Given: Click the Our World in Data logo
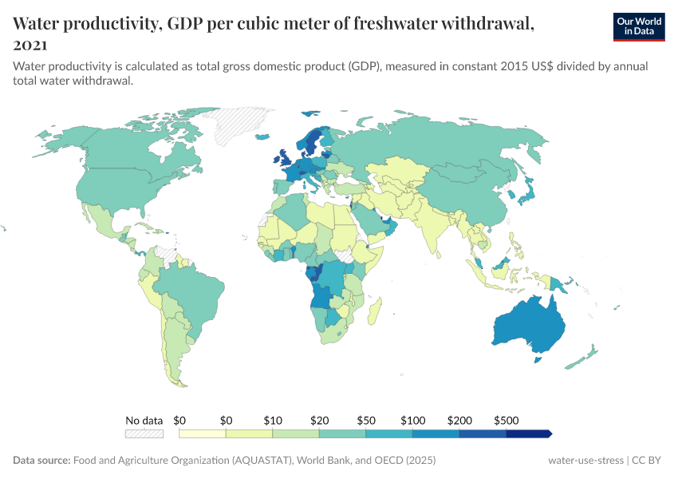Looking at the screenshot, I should (x=639, y=26).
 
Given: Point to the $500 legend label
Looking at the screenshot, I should (x=507, y=420).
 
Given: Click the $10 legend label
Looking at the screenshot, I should (x=273, y=420).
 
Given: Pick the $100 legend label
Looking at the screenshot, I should (x=412, y=420).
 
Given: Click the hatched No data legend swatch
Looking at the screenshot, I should (x=144, y=433).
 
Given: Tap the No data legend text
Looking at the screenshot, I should (x=144, y=420).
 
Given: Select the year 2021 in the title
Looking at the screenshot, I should (x=30, y=46).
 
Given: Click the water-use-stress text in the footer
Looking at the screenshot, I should (x=586, y=461).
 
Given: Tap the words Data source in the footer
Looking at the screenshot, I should (x=41, y=461).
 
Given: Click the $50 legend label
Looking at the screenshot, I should (x=366, y=420).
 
